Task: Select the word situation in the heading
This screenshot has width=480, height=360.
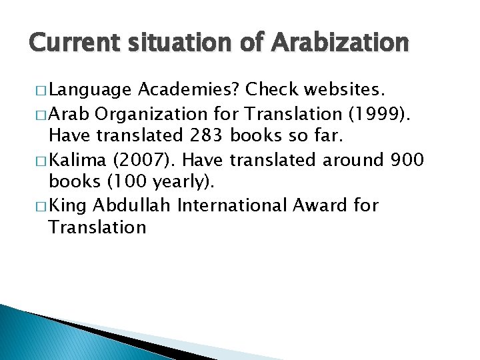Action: (x=171, y=43)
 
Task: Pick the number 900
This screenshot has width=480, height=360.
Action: (x=407, y=159)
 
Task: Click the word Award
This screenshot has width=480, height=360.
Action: (x=323, y=205)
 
